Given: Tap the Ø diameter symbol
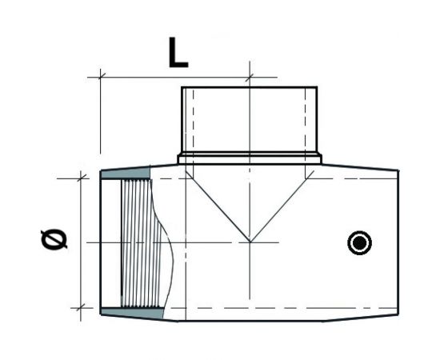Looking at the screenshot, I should click(x=54, y=240).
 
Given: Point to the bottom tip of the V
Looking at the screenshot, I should click(x=250, y=241).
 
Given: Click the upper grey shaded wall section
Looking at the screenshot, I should click(x=126, y=174).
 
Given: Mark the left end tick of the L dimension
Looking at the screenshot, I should click(x=100, y=76).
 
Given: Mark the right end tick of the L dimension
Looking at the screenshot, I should click(x=250, y=76).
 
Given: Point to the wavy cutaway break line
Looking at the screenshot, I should click(x=169, y=240).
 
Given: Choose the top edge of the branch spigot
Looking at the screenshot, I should click(x=250, y=86).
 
